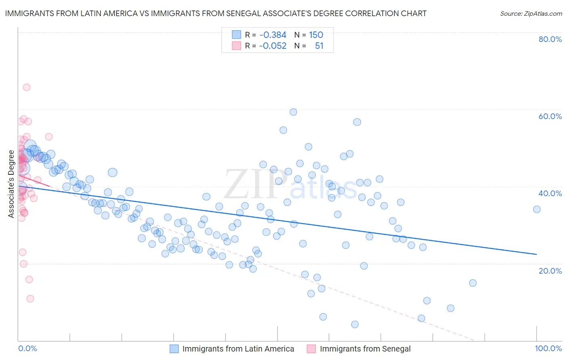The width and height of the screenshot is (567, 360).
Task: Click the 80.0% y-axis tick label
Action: pos(550,39)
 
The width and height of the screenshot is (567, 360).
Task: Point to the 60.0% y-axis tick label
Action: pos(550,116)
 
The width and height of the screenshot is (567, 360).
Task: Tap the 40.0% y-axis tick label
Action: pos(550,193)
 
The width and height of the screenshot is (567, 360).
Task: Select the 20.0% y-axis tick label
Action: pos(550,271)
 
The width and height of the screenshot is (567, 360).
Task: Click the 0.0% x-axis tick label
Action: pos(27,348)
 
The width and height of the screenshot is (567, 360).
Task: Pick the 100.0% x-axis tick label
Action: pos(548,348)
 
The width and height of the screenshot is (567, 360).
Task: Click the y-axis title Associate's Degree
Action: pos(11,184)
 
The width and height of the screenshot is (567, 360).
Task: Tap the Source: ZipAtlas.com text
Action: pos(531,13)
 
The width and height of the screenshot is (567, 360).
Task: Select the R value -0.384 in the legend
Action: pos(273,35)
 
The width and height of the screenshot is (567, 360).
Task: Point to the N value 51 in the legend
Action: pos(319,46)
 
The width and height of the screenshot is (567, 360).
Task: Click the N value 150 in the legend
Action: pos(316,35)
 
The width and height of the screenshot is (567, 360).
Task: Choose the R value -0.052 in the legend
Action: pos(273,46)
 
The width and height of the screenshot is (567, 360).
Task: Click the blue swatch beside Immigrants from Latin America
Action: pos(174,349)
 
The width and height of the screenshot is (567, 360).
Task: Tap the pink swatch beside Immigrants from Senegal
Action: pos(311,349)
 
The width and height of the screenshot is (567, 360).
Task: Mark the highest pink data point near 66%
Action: pos(27,87)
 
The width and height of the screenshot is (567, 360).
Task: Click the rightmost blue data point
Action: pos(537,209)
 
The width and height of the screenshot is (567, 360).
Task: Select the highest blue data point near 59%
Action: pos(293,112)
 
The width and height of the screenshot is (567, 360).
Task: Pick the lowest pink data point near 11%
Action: pos(30,299)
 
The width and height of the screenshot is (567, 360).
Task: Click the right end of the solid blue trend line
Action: pos(537,254)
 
